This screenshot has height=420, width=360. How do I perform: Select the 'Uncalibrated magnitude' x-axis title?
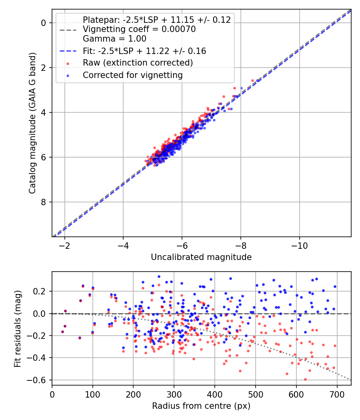click(x=201, y=257)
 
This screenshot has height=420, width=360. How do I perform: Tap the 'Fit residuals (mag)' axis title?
click(x=17, y=328)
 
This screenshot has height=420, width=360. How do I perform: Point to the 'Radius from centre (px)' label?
click(x=201, y=406)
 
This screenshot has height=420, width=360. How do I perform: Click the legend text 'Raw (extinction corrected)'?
click(x=138, y=63)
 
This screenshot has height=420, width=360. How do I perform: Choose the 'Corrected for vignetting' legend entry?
click(x=133, y=75)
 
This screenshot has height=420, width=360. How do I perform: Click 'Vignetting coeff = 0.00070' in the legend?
click(x=139, y=29)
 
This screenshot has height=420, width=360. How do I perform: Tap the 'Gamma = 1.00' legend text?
click(x=114, y=39)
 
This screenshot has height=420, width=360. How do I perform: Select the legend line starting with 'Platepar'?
click(x=157, y=20)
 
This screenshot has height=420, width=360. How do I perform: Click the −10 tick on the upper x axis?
click(x=300, y=245)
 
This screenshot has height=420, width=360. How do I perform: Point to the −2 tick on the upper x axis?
click(x=65, y=245)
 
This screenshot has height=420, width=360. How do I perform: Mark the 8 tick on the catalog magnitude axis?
click(x=44, y=202)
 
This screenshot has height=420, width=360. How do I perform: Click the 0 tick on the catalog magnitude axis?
click(x=44, y=23)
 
